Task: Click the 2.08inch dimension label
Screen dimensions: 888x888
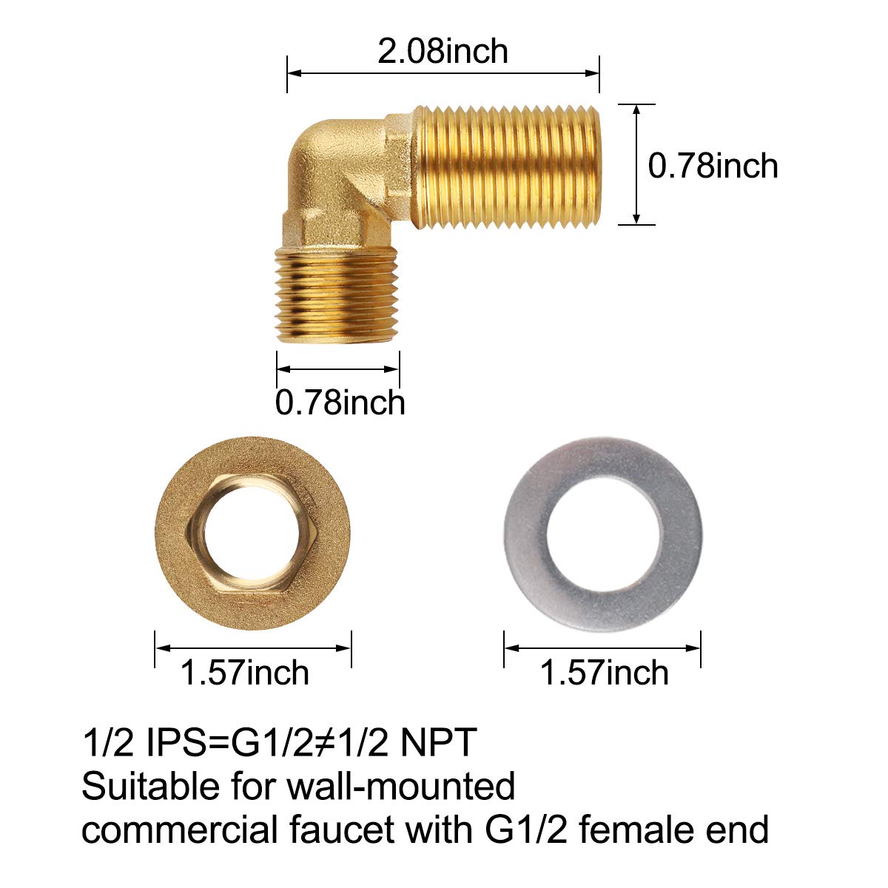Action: pyautogui.click(x=443, y=51)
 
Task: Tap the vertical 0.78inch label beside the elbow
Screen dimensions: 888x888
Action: pyautogui.click(x=713, y=165)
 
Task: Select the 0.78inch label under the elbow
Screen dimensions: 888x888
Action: pyautogui.click(x=340, y=403)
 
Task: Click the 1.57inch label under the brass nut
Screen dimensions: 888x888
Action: pyautogui.click(x=244, y=673)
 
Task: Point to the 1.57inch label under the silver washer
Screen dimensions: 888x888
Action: pyautogui.click(x=604, y=673)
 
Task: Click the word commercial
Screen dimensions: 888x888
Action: pyautogui.click(x=178, y=830)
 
